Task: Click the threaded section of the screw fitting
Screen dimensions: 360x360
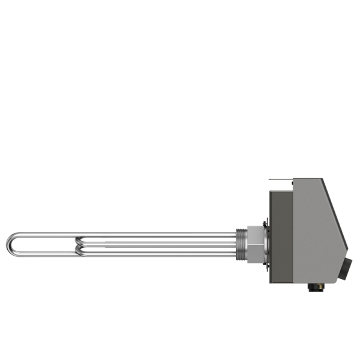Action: click(241, 244)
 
